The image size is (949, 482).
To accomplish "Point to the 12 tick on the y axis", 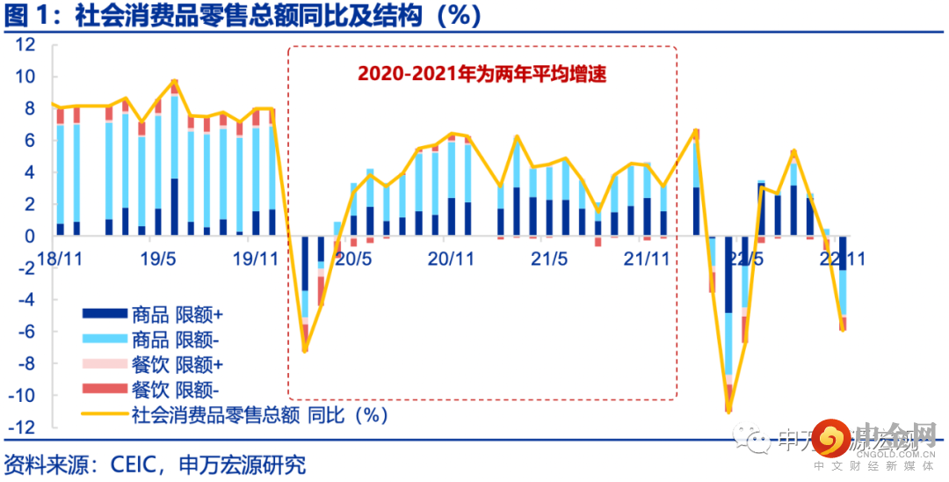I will coord(24,45).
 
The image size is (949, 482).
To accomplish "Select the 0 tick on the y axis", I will coord(28,236).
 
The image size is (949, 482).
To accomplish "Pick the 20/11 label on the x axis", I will coord(451,260).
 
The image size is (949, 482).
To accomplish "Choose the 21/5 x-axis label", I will coord(550,260).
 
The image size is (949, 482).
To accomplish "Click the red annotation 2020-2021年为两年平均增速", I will coord(482,74).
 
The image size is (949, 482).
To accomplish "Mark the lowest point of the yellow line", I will coord(728,411).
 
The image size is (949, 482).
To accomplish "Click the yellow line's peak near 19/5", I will coord(174,81).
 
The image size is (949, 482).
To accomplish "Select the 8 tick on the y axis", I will coord(28,108).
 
